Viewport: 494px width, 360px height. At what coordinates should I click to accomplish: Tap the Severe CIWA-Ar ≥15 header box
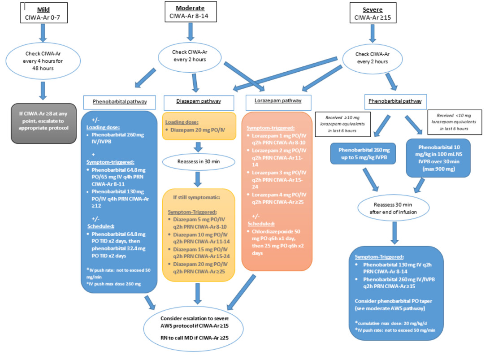click(371, 12)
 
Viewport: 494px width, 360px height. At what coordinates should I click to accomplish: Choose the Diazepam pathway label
click(192, 101)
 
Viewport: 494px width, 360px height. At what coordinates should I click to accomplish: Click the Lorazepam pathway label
click(274, 101)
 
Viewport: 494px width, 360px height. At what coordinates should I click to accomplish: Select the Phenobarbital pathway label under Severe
click(395, 101)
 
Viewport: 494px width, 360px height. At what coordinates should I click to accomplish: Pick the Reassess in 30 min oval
click(195, 160)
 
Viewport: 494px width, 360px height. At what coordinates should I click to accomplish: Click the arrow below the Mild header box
click(43, 33)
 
